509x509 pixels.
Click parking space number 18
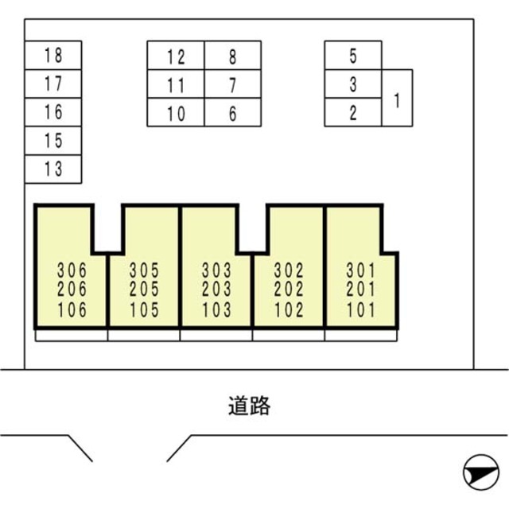tap(53, 56)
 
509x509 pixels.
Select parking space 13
tap(53, 169)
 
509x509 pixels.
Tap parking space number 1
tap(397, 98)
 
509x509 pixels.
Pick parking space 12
tap(176, 56)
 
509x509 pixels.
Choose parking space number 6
tap(232, 114)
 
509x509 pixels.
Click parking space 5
tap(353, 56)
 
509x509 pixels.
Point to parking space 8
tap(232, 56)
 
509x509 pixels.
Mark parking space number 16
tap(53, 112)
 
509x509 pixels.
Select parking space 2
tap(353, 113)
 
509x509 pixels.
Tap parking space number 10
tap(176, 114)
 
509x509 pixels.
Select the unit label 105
tap(144, 309)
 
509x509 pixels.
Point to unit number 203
tap(216, 289)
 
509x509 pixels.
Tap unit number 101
tap(361, 309)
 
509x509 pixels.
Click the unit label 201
tap(361, 289)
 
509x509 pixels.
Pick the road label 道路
tap(248, 406)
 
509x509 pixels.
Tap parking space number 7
tap(232, 84)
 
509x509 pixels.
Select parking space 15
tap(53, 141)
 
